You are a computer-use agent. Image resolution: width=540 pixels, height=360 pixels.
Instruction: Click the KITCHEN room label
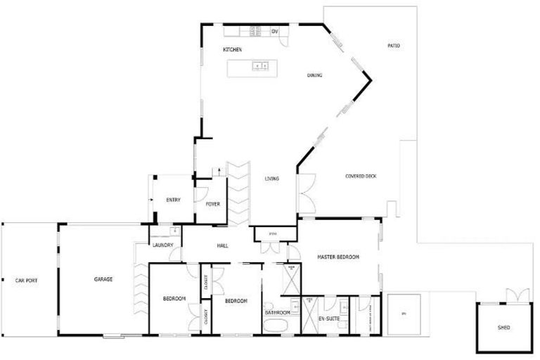tap(233, 50)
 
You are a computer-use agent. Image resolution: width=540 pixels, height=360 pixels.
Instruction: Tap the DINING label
tap(314, 75)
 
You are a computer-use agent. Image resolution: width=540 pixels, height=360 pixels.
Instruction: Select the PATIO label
tap(393, 46)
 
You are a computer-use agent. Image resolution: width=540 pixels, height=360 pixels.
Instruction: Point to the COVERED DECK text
tap(361, 176)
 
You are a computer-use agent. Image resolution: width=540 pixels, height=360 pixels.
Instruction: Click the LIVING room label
tap(271, 179)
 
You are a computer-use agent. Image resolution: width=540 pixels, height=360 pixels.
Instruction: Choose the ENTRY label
tap(173, 200)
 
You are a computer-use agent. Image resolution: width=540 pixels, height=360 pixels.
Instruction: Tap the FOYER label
tap(212, 204)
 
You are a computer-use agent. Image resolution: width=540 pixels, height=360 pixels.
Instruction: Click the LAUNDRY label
tap(163, 245)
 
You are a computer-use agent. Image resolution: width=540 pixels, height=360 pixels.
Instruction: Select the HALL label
tap(222, 245)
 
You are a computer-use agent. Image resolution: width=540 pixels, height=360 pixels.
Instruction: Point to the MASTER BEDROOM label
tap(337, 257)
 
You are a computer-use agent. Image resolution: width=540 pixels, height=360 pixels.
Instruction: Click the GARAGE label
tap(103, 279)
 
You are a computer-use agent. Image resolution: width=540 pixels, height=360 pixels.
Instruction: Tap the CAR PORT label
tap(26, 281)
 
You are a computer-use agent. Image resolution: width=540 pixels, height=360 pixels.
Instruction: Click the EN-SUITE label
tap(328, 319)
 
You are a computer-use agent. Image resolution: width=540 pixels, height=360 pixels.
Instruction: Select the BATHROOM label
tap(278, 312)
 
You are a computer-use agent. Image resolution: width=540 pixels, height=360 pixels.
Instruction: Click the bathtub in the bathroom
tap(276, 326)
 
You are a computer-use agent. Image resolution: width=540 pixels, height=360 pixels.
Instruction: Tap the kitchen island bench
tap(251, 67)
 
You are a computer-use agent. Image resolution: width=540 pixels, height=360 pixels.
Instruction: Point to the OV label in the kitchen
tap(275, 32)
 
